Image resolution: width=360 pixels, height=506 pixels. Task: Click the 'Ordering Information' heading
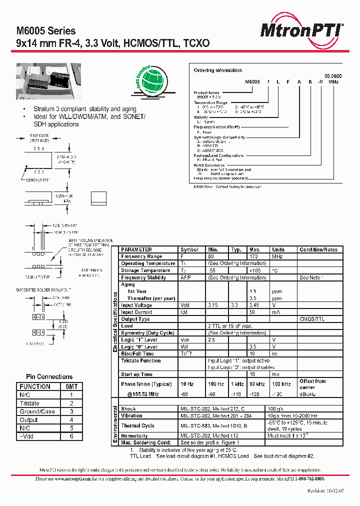(x=217, y=70)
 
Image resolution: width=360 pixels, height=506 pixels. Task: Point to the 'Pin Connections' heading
(x=49, y=376)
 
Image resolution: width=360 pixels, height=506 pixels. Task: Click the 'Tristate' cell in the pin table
(x=29, y=403)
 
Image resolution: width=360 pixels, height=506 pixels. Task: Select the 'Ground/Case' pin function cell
(x=37, y=411)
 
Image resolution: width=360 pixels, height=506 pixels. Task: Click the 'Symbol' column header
(x=189, y=249)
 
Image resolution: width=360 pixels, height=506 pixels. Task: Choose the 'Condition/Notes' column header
(x=318, y=249)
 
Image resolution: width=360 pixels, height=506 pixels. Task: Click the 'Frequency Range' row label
(x=141, y=256)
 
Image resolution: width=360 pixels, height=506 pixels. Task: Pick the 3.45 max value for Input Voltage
(x=255, y=305)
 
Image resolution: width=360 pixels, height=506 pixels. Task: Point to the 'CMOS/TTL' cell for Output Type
(x=312, y=319)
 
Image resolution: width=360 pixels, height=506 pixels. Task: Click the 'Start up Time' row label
(x=136, y=374)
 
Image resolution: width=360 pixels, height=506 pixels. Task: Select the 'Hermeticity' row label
(x=134, y=436)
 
